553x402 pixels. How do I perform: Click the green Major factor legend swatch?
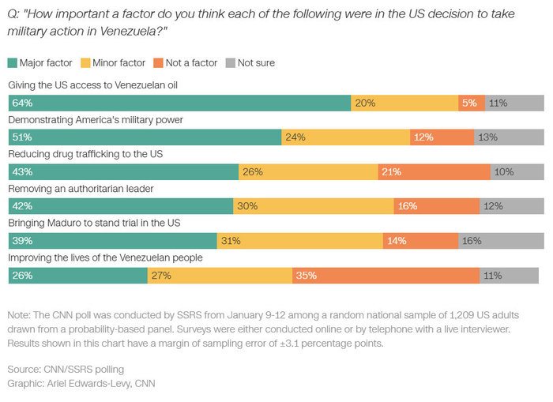tap(13, 62)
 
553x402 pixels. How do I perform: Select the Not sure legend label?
tap(256, 62)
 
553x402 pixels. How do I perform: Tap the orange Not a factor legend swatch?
tap(159, 62)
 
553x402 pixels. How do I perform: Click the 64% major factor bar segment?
tap(179, 103)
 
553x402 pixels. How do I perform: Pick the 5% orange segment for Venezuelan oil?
tap(472, 103)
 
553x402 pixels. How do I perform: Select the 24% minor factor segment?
tap(345, 137)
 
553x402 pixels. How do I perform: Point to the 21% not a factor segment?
tap(434, 171)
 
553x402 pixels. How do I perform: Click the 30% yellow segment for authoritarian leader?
tap(314, 206)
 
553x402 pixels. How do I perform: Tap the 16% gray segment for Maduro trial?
tap(501, 240)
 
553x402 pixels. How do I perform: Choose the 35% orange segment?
tap(386, 275)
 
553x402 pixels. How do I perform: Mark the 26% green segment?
tap(77, 275)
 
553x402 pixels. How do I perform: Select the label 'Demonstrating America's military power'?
tap(96, 120)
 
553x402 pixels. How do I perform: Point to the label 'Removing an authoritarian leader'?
tap(80, 189)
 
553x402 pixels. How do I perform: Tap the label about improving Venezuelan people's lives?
tap(106, 257)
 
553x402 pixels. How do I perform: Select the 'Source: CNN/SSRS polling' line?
tap(66, 370)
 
